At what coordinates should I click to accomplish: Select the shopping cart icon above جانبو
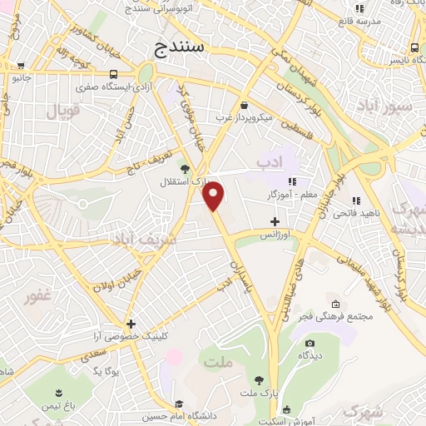pos(15,66)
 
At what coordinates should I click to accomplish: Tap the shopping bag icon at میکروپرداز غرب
pos(244,106)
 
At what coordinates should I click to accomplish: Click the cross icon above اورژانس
pos(275,221)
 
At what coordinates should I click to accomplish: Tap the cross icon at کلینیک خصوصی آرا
pos(131,323)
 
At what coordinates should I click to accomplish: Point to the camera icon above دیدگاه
pos(310,344)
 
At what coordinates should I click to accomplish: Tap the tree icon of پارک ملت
pos(260,379)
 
